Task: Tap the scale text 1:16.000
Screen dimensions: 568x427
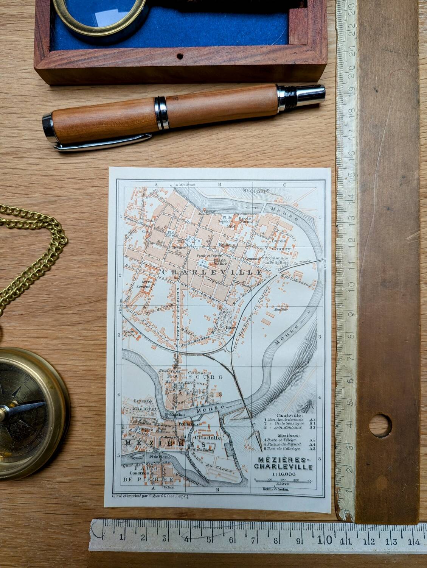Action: click(x=283, y=473)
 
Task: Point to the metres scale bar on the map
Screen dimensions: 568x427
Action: click(x=283, y=480)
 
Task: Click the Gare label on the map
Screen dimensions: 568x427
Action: click(x=230, y=327)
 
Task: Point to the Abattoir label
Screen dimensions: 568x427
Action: click(x=282, y=309)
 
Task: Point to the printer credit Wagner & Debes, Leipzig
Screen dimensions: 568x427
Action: click(x=151, y=495)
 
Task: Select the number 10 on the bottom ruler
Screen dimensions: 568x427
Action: click(x=326, y=539)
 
